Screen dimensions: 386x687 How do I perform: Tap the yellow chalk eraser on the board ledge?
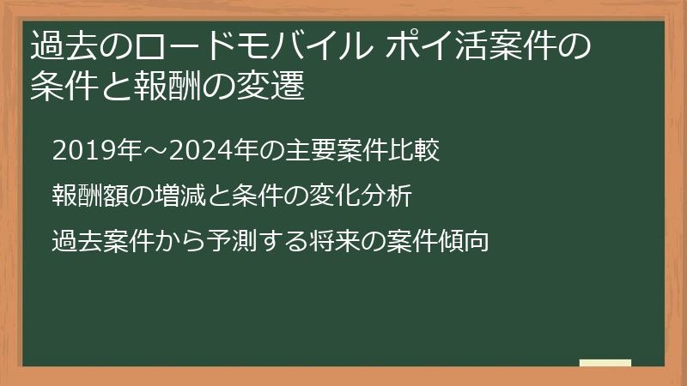pyautogui.click(x=605, y=363)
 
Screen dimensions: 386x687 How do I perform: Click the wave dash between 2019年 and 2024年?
pyautogui.click(x=155, y=151)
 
